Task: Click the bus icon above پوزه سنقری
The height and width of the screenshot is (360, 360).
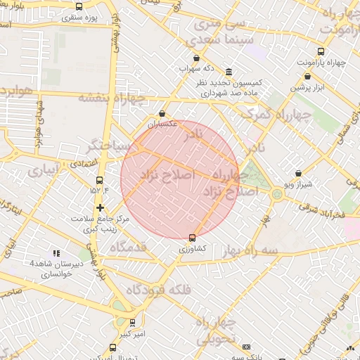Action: coord(79,6)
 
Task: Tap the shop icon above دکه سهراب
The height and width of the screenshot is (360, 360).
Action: coord(196,58)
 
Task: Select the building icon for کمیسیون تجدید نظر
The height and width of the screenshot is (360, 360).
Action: coord(229,72)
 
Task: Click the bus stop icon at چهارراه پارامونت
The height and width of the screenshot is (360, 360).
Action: coord(321,51)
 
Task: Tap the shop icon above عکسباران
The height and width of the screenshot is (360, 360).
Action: coord(163,113)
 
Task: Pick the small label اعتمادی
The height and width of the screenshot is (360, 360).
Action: coord(84,163)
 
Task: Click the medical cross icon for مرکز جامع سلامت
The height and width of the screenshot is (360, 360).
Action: coord(101,207)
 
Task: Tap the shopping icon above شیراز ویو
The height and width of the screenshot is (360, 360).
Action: coord(299,172)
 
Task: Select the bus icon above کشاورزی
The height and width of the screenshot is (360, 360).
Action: coord(193,237)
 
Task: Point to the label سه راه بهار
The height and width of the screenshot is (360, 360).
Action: coord(250,250)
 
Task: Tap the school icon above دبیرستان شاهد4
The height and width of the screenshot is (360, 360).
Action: coord(56,252)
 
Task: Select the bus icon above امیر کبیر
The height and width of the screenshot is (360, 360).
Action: coord(132,323)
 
